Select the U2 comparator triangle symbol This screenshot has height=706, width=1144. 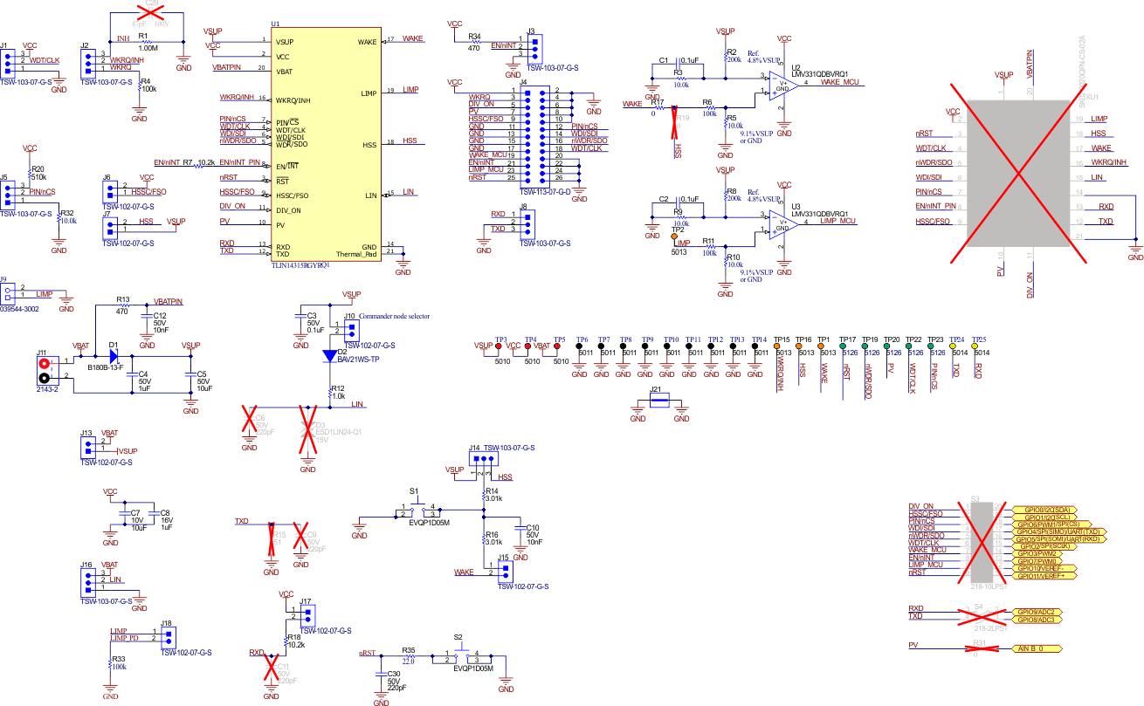(775, 88)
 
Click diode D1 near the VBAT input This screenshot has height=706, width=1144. (114, 356)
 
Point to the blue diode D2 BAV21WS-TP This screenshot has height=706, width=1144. (329, 355)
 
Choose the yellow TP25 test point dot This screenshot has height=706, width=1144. (977, 346)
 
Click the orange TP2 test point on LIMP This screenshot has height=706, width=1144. (674, 236)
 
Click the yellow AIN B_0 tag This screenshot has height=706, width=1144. (1037, 649)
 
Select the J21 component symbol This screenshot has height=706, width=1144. (659, 401)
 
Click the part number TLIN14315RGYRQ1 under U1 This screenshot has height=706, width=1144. (300, 264)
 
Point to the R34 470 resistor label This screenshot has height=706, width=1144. (474, 42)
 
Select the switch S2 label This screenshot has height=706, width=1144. (458, 638)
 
